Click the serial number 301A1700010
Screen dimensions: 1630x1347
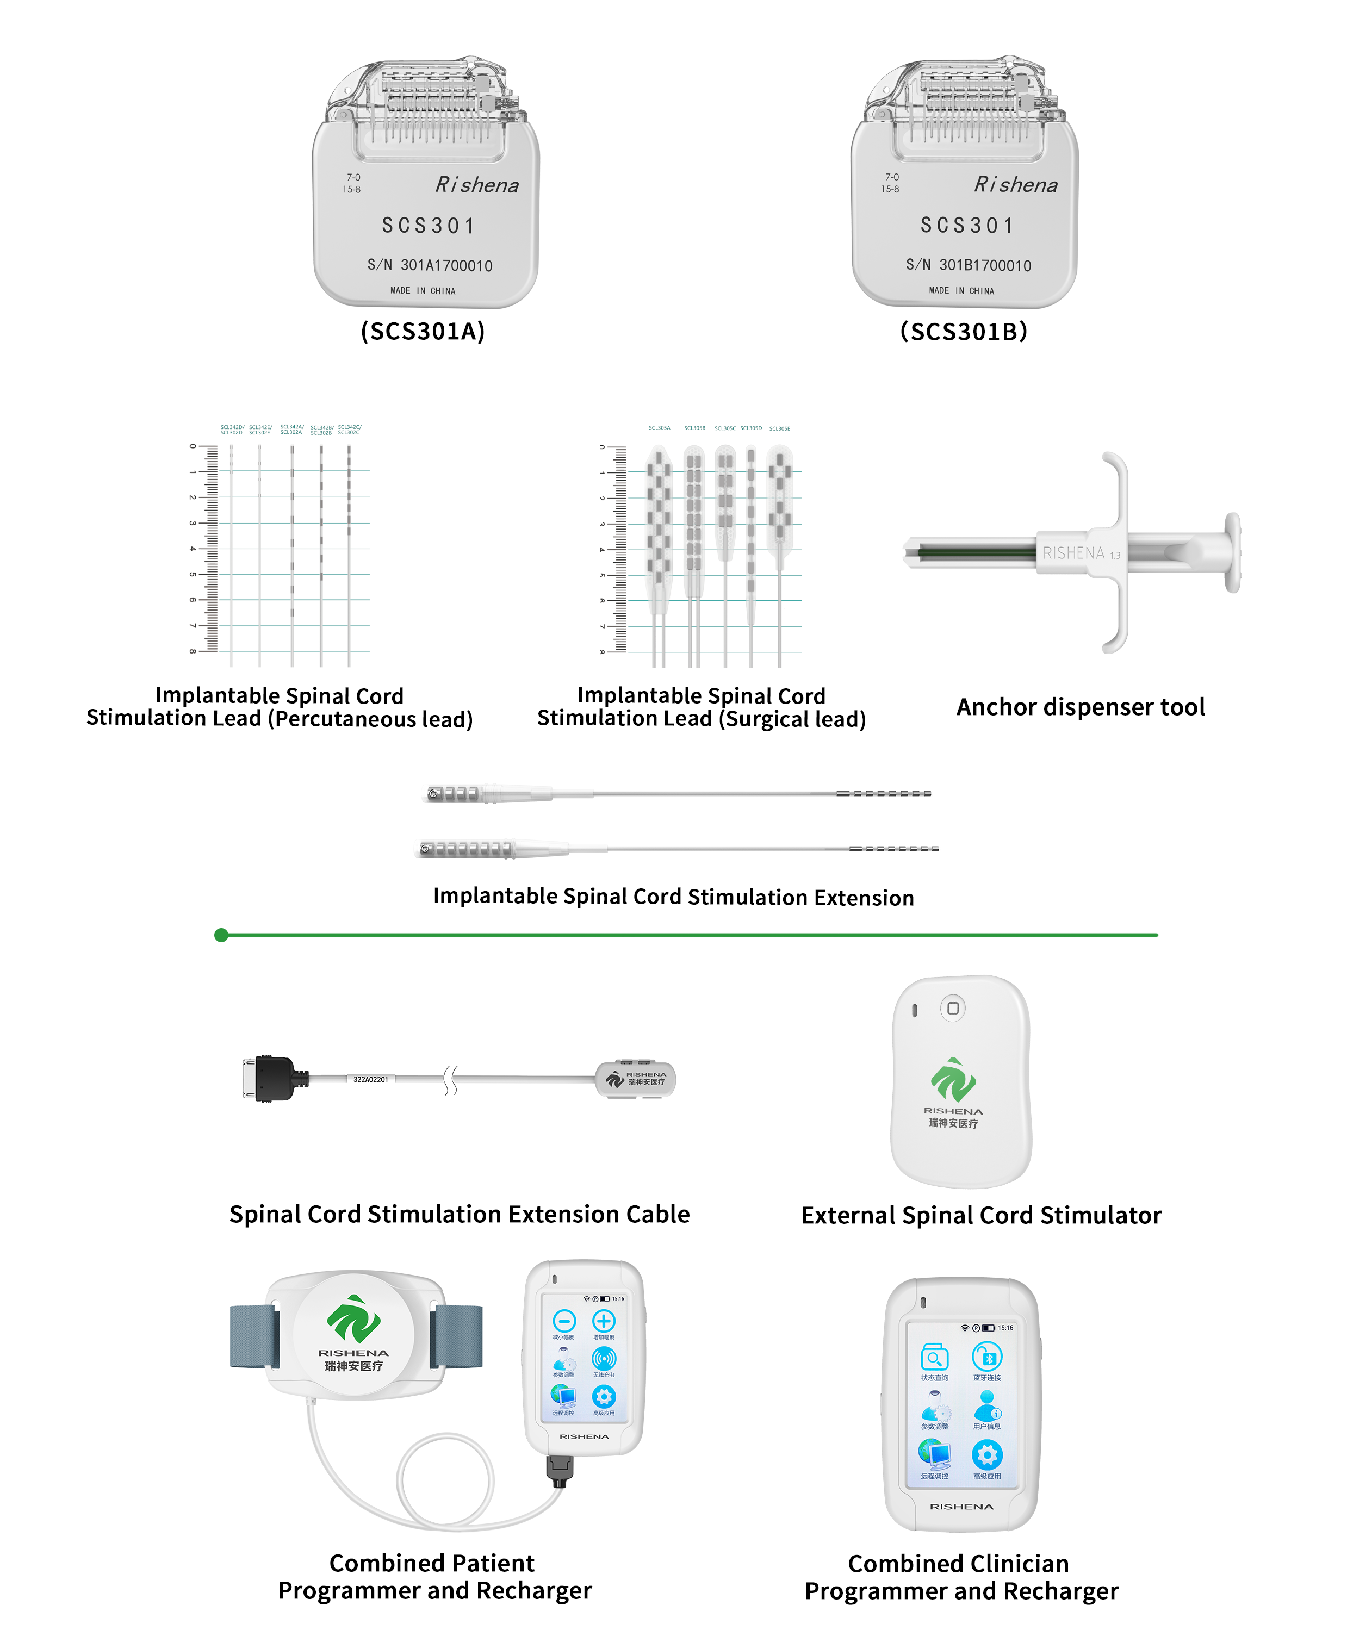tap(446, 265)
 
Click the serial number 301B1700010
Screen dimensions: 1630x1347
tap(985, 265)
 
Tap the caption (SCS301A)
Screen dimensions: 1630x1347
tap(423, 331)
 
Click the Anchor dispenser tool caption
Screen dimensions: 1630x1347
tap(1080, 707)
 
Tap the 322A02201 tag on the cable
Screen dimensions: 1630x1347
tap(371, 1079)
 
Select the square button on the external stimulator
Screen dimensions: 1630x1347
tap(953, 1009)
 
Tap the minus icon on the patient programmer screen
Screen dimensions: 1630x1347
tap(564, 1321)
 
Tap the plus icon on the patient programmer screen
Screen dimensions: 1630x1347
tap(604, 1321)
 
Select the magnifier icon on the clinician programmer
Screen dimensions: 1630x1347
tap(934, 1358)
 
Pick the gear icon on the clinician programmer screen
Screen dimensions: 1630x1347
tap(987, 1455)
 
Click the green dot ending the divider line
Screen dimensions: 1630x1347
tap(221, 935)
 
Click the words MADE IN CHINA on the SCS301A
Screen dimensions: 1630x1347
tap(423, 291)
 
